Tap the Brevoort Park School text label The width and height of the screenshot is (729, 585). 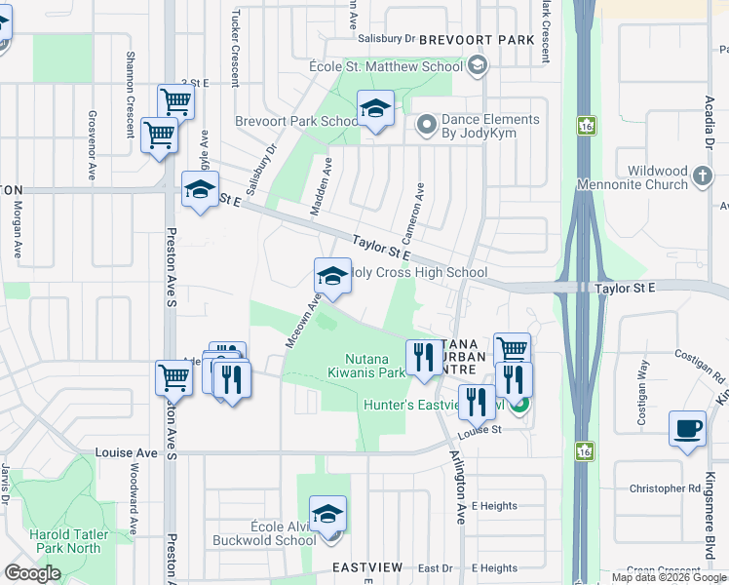pyautogui.click(x=297, y=122)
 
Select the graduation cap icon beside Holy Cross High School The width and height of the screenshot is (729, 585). pyautogui.click(x=332, y=277)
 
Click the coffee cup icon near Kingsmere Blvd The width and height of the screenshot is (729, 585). pyautogui.click(x=687, y=429)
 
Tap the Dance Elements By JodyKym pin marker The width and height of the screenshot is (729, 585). pyautogui.click(x=425, y=125)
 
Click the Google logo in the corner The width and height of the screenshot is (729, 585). pyautogui.click(x=32, y=573)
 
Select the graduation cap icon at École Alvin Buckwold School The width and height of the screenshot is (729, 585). pyautogui.click(x=327, y=514)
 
